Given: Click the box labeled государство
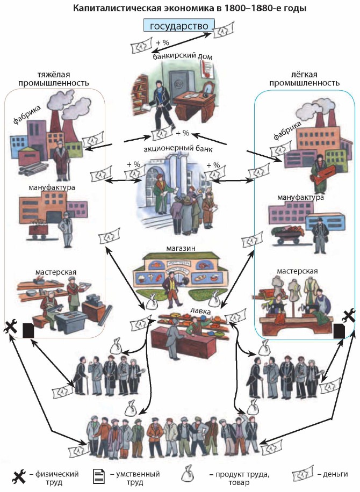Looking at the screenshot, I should (179, 26).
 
